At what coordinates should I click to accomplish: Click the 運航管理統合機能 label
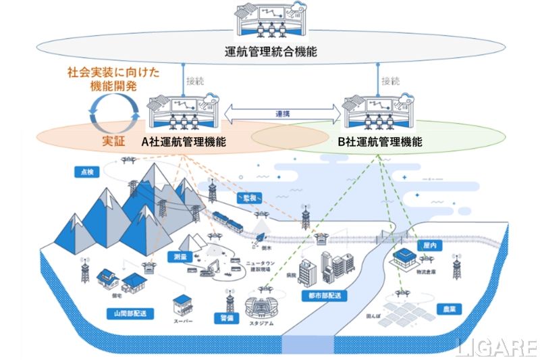pyautogui.click(x=270, y=52)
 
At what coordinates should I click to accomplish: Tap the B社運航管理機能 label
pyautogui.click(x=379, y=143)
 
